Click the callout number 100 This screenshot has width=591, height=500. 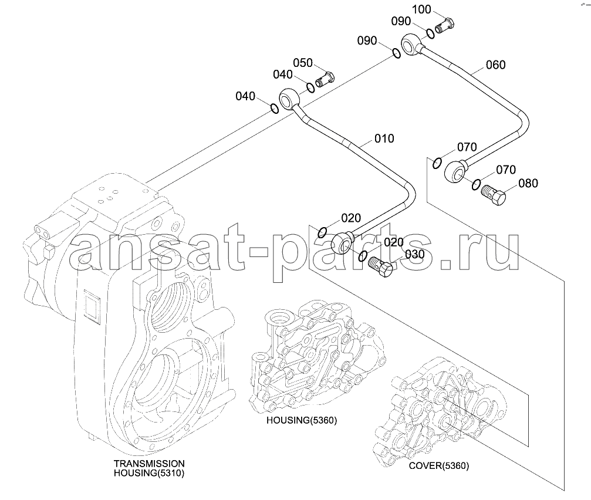pos(421,9)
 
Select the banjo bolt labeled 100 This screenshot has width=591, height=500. pos(445,25)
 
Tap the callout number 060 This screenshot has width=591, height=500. pos(495,65)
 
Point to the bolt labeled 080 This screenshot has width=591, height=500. pos(494,194)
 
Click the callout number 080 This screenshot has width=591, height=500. pos(528,184)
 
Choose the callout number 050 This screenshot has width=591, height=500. pos(303,63)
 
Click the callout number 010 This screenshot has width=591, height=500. pos(384,138)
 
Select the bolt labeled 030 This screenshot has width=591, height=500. pos(380,267)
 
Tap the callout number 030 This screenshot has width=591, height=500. pos(414,255)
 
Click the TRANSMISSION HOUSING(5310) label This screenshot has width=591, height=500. pos(149,468)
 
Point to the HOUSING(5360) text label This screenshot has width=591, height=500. pos(302,420)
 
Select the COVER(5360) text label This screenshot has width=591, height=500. pos(439,466)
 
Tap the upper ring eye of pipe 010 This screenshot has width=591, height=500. pos(289,99)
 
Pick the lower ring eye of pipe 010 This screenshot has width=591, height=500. pos(342,244)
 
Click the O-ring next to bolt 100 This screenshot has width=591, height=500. pos(431,33)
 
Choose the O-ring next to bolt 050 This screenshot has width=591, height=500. pos(310,87)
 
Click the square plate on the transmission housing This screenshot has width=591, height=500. pos(92,307)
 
